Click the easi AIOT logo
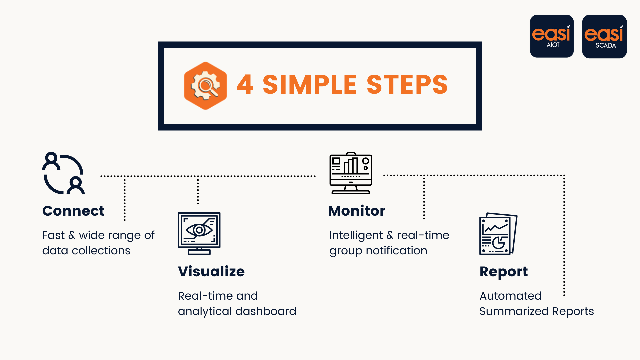[x=552, y=36]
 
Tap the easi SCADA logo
[x=604, y=36]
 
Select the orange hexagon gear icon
[x=205, y=86]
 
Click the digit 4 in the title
[x=245, y=85]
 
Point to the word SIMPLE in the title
[x=310, y=85]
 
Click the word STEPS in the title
[x=407, y=85]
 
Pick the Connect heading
[x=73, y=211]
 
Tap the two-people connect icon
[x=63, y=173]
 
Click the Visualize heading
[x=211, y=272]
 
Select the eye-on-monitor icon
[x=199, y=233]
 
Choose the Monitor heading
[x=357, y=211]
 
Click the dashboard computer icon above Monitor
[x=351, y=173]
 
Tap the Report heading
[x=504, y=272]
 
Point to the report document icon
[x=498, y=234]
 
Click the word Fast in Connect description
[x=53, y=235]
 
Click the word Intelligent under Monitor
[x=356, y=236]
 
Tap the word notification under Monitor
[x=396, y=251]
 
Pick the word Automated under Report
[x=510, y=296]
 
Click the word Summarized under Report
[x=514, y=311]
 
